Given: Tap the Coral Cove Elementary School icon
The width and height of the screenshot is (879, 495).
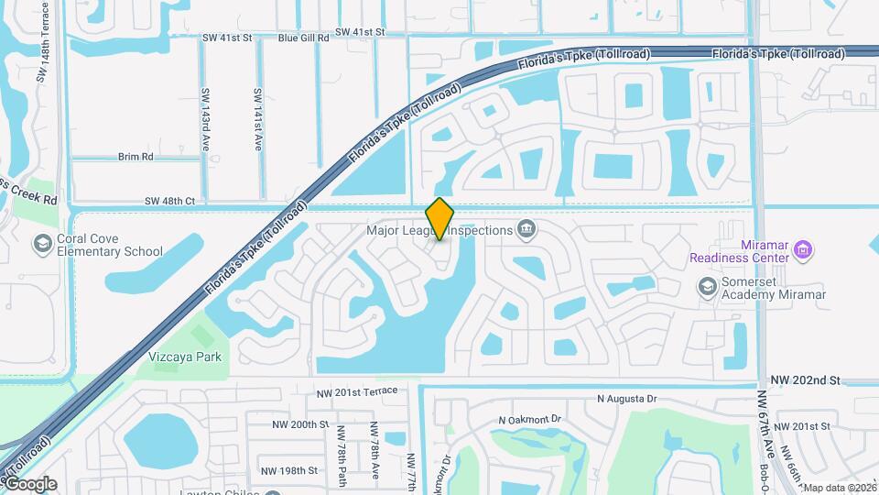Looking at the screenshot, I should tap(42, 244).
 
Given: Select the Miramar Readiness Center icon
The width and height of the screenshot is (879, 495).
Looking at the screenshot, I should tap(804, 248).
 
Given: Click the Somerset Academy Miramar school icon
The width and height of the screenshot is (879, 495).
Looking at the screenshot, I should tap(707, 288).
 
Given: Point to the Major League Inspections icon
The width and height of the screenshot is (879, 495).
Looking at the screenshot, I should tap(526, 229).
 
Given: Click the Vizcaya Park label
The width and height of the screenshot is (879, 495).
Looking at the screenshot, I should tap(179, 357).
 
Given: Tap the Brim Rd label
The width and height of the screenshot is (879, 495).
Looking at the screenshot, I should tap(136, 157).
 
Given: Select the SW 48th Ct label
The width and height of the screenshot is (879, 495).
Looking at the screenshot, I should tap(169, 201).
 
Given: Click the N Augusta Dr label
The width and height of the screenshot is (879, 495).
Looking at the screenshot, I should tap(627, 399).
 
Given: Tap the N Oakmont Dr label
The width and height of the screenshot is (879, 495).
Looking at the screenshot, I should tap(528, 420).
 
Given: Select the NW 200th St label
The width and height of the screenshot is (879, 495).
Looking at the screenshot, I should tap(300, 424).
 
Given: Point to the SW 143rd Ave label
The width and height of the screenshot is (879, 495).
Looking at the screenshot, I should tap(206, 120).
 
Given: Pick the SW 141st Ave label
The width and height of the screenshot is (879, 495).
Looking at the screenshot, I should tap(258, 120).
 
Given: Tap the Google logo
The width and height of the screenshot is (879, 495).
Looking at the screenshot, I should tap(30, 484).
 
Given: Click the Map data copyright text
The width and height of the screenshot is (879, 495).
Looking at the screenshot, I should tap(840, 488).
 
